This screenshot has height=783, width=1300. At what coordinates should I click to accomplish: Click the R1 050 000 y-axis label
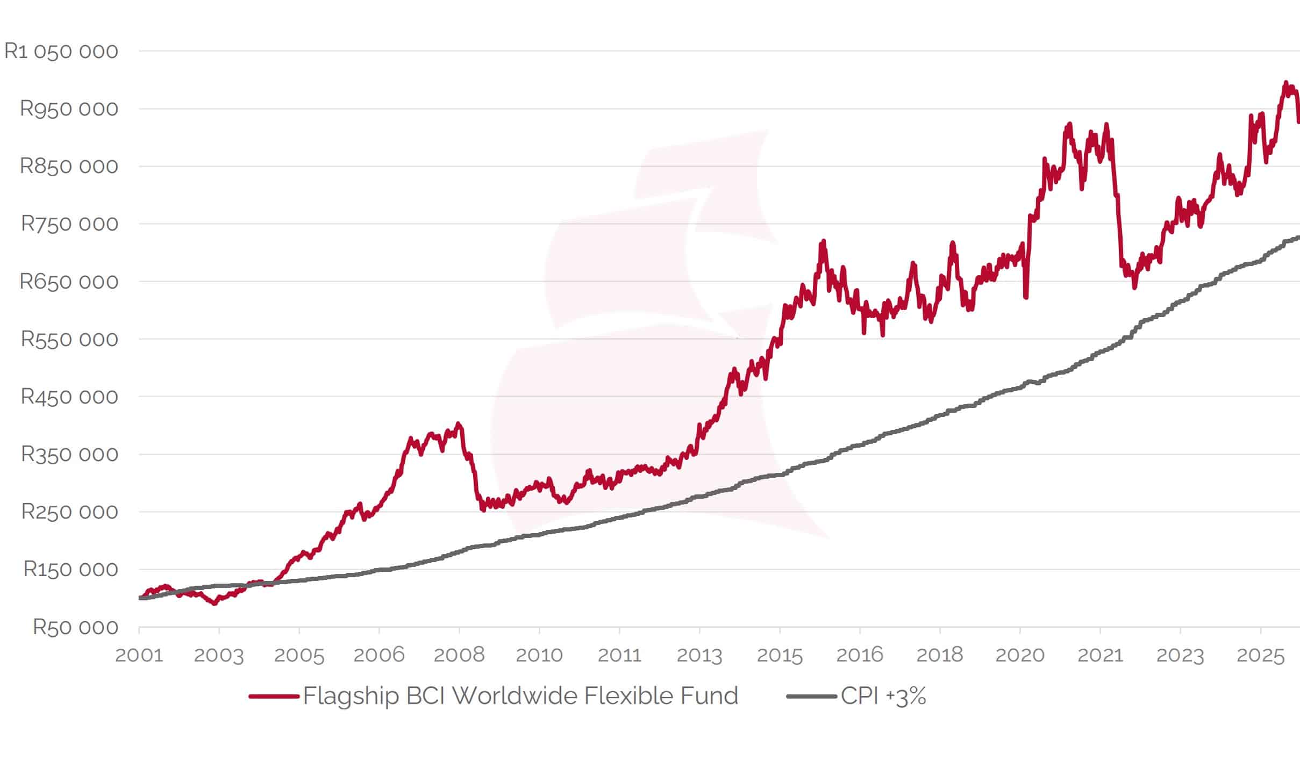point(61,52)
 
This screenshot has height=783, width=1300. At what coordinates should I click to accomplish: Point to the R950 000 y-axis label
point(69,109)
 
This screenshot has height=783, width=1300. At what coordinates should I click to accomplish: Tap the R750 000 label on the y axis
point(69,224)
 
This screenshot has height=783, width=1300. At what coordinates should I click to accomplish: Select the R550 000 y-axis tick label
point(69,339)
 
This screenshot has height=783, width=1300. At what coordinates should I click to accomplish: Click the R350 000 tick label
point(69,455)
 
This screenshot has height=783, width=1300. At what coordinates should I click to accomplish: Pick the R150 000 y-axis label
point(70,570)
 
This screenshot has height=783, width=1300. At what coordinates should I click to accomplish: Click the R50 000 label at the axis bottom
point(75,628)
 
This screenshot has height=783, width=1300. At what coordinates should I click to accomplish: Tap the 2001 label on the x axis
point(139,655)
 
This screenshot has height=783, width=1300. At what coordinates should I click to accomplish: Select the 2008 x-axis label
point(459,655)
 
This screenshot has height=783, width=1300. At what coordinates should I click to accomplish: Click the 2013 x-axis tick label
point(699,655)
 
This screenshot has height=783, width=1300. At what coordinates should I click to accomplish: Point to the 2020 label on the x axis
point(1020,655)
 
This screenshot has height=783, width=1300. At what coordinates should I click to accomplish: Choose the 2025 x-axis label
point(1260,655)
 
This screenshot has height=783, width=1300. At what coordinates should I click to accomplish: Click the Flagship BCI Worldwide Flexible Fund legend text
point(520,696)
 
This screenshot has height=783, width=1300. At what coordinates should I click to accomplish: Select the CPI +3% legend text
point(883,696)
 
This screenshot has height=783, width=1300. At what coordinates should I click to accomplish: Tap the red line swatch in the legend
point(274,696)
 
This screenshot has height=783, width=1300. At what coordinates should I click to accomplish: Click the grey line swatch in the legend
point(811,696)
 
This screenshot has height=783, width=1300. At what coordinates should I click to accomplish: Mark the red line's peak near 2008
point(458,425)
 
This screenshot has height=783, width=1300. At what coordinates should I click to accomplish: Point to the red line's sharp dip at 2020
point(1026,296)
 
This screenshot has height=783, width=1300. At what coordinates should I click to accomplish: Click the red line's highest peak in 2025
point(1286,83)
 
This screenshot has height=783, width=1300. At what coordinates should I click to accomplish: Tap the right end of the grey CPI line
point(1298,238)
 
